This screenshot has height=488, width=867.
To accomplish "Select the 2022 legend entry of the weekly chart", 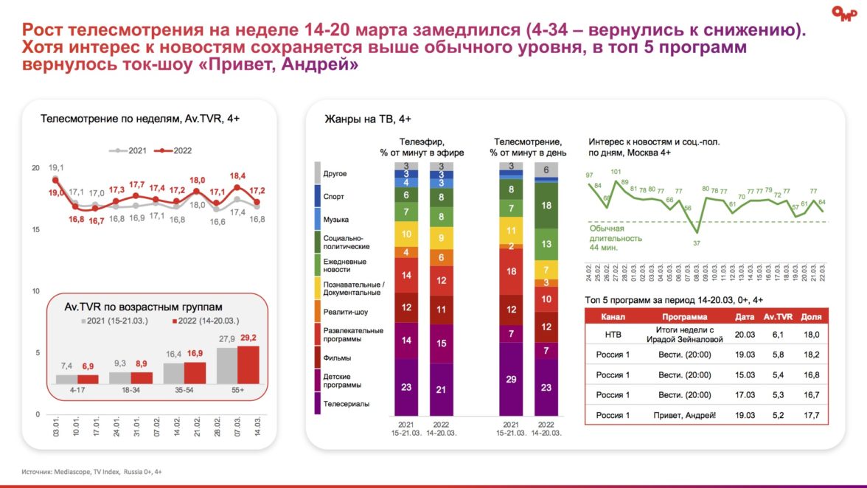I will coord(176,150).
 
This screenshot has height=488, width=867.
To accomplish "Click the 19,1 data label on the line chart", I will coord(57,168).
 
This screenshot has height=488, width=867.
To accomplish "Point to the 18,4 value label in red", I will coord(237,176).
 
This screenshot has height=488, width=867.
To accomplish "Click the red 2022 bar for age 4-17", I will coord(88,380).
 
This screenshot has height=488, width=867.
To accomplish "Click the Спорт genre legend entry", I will coord(334,197).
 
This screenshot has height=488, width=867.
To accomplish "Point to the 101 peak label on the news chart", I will coord(616,172).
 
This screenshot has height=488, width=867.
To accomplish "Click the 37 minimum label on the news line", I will coord(697,243).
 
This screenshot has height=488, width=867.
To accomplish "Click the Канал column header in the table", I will coord(613,316).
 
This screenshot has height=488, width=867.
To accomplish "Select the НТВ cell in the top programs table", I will coord(613,335).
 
